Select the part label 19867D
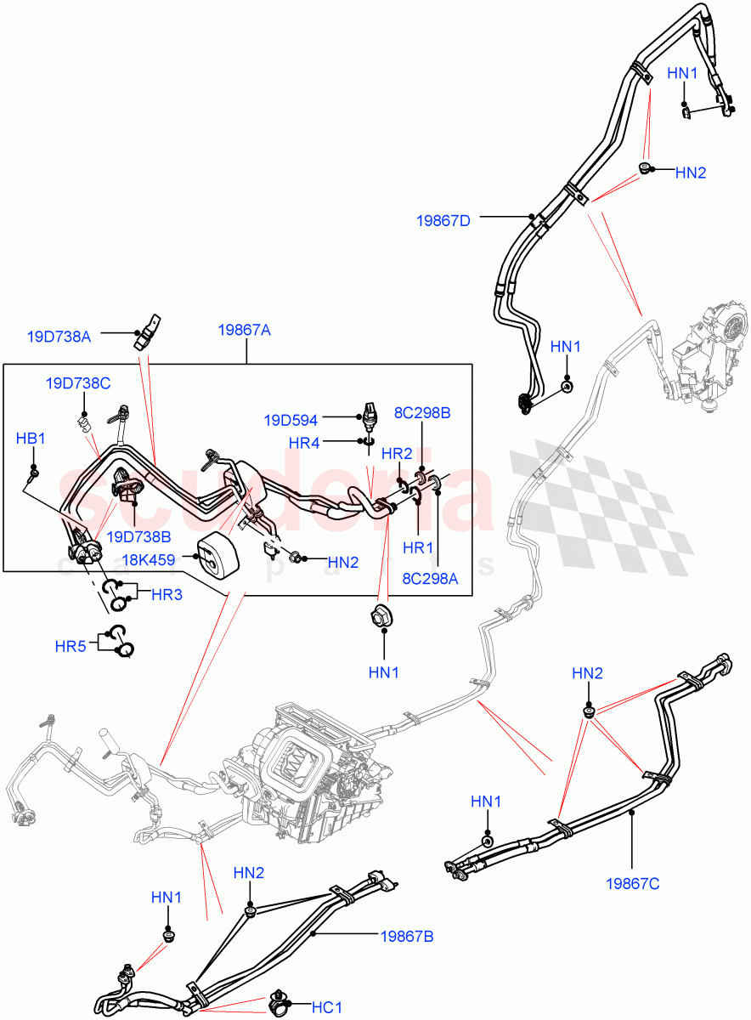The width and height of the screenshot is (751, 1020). point(443,220)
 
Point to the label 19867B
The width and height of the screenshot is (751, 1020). point(405,936)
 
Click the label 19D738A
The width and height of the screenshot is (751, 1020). point(59,337)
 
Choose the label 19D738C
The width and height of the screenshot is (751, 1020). point(78,383)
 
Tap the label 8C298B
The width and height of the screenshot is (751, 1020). point(421,413)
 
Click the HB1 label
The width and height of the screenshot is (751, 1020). point(31,439)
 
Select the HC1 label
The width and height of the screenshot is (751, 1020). point(326,1007)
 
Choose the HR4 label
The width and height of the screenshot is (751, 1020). point(304,443)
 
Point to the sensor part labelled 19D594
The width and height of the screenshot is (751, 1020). point(369,411)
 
